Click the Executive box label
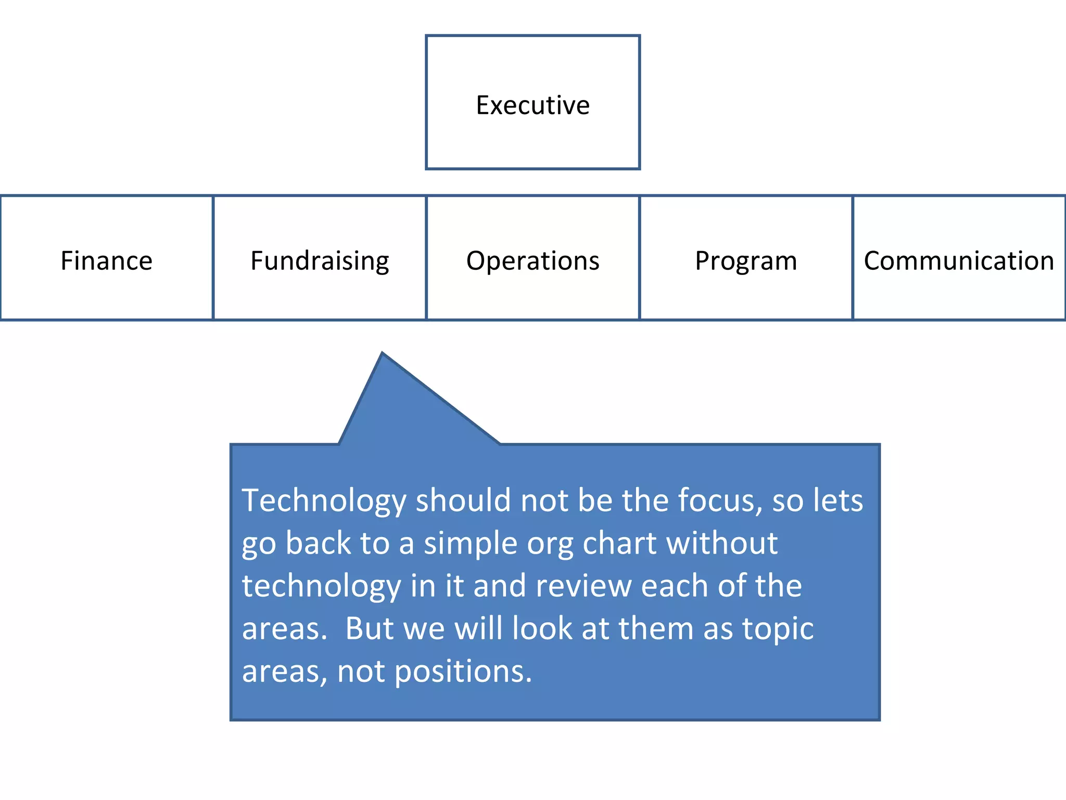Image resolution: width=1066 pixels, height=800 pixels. [x=532, y=105]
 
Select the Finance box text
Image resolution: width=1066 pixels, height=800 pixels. [x=106, y=260]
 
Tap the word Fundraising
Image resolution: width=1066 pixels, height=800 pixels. [x=320, y=261]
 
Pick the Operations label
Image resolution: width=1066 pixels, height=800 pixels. [x=532, y=260]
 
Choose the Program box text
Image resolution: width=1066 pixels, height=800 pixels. [x=745, y=261]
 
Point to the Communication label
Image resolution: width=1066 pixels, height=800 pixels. [x=959, y=260]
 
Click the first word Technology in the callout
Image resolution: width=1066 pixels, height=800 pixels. [x=324, y=501]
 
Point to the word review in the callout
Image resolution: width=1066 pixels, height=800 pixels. [x=583, y=586]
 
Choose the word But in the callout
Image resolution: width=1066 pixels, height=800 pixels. [x=369, y=628]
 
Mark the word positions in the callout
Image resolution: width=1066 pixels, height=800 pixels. [x=463, y=672]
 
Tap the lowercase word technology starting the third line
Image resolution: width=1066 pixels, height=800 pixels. [x=321, y=586]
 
